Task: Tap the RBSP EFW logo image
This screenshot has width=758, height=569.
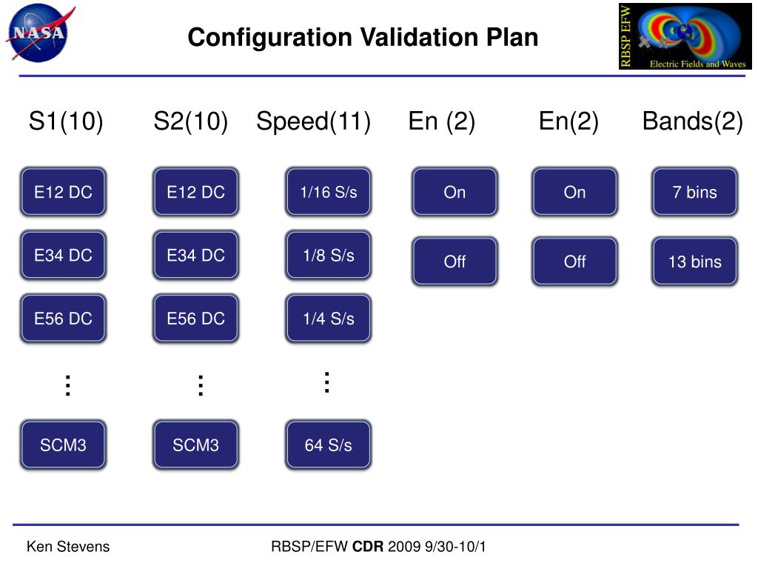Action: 685,36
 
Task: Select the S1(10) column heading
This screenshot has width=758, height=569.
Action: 66,122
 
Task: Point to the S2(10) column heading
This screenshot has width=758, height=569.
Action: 190,122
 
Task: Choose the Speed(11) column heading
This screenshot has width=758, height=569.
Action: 313,122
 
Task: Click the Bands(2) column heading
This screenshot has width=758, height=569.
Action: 692,122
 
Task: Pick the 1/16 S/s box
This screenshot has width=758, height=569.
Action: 328,192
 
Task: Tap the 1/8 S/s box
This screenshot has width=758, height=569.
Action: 328,256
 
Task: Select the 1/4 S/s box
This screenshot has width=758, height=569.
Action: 328,319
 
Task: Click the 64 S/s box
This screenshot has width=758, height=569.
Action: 328,445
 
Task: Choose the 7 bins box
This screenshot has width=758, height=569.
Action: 694,192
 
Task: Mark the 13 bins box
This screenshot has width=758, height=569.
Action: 694,262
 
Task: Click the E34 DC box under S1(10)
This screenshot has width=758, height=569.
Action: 63,256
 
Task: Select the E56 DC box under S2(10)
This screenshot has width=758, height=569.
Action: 195,319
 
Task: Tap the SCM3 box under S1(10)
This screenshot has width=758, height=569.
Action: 63,445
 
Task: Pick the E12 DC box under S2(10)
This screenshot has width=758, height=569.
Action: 195,192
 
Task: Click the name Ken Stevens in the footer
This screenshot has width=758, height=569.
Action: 68,547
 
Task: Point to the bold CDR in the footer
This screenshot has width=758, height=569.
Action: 368,547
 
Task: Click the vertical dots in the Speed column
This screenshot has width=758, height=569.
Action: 326,382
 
